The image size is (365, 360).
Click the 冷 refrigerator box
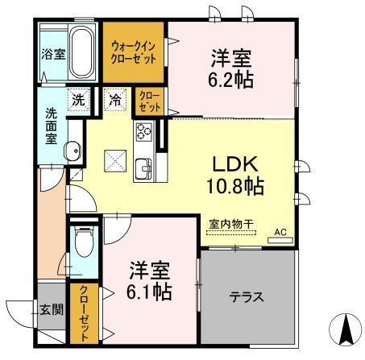(x=117, y=101)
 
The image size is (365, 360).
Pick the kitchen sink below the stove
(x=144, y=168)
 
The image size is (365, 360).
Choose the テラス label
(x=248, y=296)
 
